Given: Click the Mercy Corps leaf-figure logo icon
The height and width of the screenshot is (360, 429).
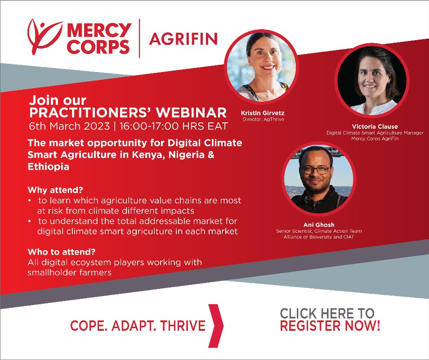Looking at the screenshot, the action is (x=45, y=36).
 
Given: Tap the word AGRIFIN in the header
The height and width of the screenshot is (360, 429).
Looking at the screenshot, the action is (x=183, y=39).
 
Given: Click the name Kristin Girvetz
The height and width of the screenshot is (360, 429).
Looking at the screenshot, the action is (x=263, y=113).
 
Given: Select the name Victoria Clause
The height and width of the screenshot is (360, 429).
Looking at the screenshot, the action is (x=375, y=126).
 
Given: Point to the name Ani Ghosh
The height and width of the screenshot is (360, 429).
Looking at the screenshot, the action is (x=319, y=225).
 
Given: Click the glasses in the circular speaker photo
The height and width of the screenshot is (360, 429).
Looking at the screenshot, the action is (x=316, y=170).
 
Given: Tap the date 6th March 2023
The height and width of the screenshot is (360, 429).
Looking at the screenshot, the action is (x=69, y=126).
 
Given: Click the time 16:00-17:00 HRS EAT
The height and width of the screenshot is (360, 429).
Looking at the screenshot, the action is (x=174, y=126).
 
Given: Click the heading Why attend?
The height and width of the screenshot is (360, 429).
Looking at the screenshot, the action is (x=55, y=190).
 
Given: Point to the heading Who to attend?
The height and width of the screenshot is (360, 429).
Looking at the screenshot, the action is (x=62, y=252).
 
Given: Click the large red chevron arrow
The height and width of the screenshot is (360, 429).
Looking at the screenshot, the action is (x=216, y=326).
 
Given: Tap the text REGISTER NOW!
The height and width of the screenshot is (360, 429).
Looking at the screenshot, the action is (x=330, y=326).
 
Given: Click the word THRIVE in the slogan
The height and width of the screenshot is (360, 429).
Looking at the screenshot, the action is (x=183, y=326).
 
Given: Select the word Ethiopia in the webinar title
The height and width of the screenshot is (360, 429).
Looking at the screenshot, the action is (x=49, y=166).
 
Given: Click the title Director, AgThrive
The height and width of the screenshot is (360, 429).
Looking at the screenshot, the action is (x=263, y=119).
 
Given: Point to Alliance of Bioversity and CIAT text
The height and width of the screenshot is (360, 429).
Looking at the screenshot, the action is (x=319, y=237).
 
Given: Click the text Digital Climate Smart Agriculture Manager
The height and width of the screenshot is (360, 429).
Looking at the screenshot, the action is (x=375, y=133).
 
